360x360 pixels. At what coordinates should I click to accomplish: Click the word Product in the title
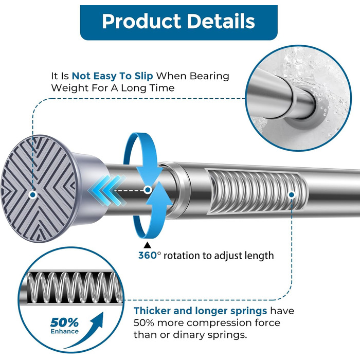point(141,22)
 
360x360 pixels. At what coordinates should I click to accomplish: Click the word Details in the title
point(221,21)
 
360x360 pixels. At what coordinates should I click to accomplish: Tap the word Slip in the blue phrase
point(143,76)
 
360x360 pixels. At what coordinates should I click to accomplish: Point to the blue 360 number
point(148,255)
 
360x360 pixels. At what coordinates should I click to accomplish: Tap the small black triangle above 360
point(147,245)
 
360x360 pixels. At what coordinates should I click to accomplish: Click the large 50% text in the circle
point(64,322)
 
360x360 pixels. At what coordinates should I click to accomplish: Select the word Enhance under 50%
point(64,331)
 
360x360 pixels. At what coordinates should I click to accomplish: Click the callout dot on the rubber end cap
point(33,195)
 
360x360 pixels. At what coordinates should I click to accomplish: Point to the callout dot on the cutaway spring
point(292,195)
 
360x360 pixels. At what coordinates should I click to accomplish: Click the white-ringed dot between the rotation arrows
point(148,190)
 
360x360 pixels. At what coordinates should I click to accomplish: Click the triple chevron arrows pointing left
point(107,190)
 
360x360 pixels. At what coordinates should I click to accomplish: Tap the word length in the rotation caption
point(261,256)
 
